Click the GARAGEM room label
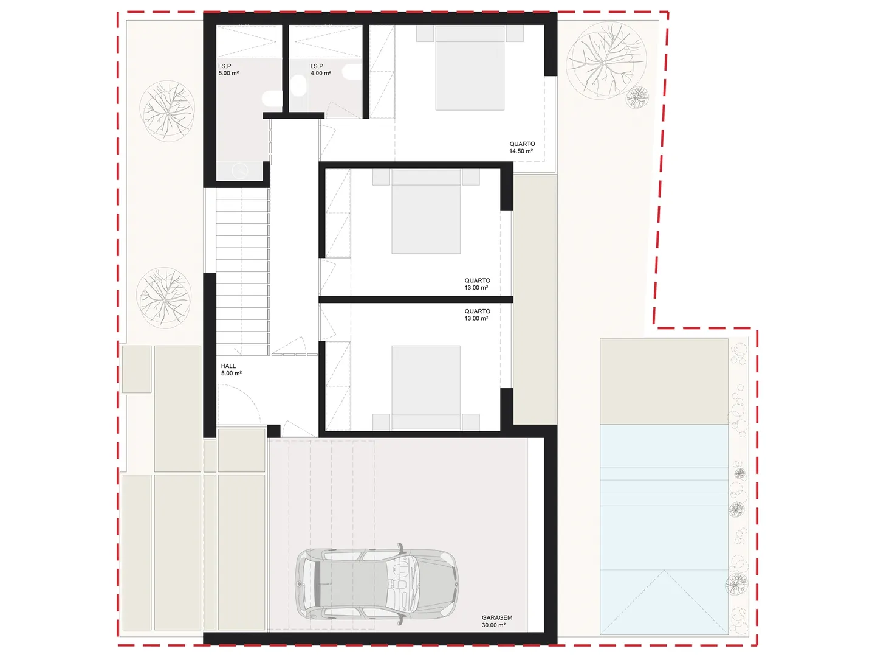[496, 617]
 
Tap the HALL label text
[228, 366]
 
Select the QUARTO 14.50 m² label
[522, 147]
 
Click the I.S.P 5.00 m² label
[228, 69]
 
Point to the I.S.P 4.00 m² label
[320, 69]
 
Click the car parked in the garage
[376, 585]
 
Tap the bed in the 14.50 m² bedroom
[470, 68]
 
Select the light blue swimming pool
[664, 529]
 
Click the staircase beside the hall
[242, 272]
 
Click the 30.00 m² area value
[493, 625]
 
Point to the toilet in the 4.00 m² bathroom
[298, 86]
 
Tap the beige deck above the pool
[664, 381]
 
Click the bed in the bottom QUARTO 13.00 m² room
[426, 388]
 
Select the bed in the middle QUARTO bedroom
[426, 212]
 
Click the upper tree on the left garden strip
[168, 111]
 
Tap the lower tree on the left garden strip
[164, 297]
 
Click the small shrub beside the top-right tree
[637, 97]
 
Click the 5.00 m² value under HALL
[232, 374]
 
